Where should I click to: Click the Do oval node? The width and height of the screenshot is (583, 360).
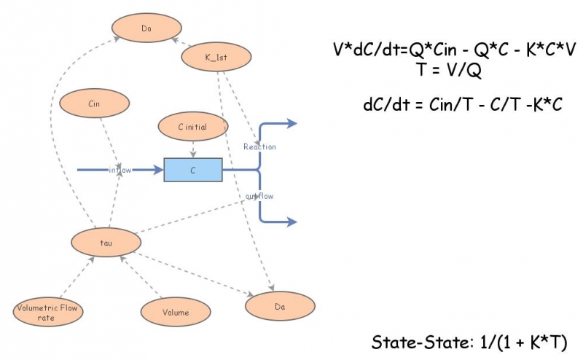tap(147, 28)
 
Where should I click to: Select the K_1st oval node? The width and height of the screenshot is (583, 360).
tap(216, 57)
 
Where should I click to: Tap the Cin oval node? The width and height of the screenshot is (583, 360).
tap(95, 103)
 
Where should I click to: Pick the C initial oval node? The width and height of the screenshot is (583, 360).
tap(193, 127)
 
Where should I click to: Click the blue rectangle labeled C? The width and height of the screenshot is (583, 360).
tap(193, 170)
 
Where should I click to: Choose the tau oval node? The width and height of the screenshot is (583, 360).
tap(106, 243)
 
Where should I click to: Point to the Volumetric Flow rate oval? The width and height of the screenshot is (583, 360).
tap(48, 312)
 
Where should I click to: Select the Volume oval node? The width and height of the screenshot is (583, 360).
tap(176, 312)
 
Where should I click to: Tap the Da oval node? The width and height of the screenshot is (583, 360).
tap(281, 306)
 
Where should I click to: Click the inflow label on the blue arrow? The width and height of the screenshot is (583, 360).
tap(120, 170)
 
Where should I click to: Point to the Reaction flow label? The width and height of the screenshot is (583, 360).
tap(260, 146)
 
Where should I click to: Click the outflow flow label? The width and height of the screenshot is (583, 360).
tap(259, 196)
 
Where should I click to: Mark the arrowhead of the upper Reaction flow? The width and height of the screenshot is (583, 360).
tap(291, 123)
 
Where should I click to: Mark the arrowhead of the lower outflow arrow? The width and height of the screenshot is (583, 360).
tap(291, 222)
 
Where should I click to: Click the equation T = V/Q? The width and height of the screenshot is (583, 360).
tap(449, 69)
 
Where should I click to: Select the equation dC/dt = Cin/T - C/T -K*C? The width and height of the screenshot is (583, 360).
tap(463, 104)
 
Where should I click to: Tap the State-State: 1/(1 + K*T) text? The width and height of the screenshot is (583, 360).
tap(469, 343)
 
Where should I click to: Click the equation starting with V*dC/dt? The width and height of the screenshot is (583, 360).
tap(454, 49)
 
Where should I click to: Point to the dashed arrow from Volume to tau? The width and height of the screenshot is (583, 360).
tap(141, 277)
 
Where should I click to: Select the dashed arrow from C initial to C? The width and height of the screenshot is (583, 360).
tap(193, 149)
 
